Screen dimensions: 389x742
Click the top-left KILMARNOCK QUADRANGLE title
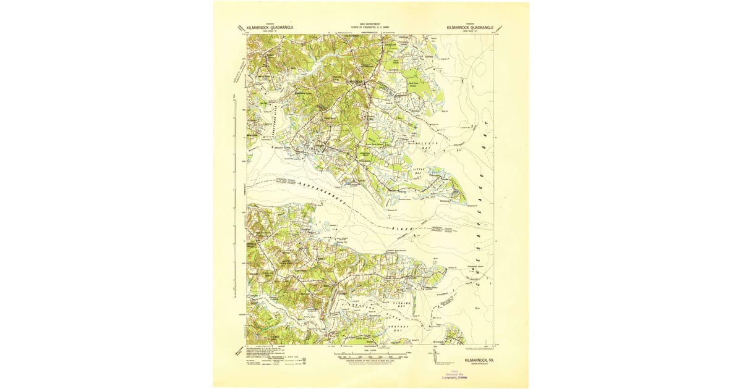coord(270,27)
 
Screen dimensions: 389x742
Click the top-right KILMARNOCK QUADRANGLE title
coord(470,27)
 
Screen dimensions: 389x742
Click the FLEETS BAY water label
coord(429,146)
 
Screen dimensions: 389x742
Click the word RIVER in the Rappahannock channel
coord(402,228)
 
